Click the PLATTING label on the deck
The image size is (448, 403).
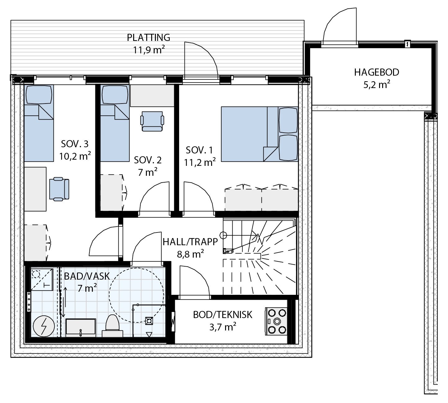[x=148, y=38]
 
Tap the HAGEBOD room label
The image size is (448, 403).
[x=376, y=73]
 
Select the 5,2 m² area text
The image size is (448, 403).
[x=376, y=85]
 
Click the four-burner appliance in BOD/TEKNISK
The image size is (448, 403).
[x=276, y=321]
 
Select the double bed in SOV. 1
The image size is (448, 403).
[x=259, y=134]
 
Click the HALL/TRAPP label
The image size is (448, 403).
[x=190, y=242]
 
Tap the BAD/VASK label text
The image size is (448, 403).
[x=87, y=276]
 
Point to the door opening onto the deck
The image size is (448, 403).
[x=200, y=60]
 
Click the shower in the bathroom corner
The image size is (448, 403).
[x=42, y=279]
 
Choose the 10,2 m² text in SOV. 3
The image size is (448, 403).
[x=75, y=156]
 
